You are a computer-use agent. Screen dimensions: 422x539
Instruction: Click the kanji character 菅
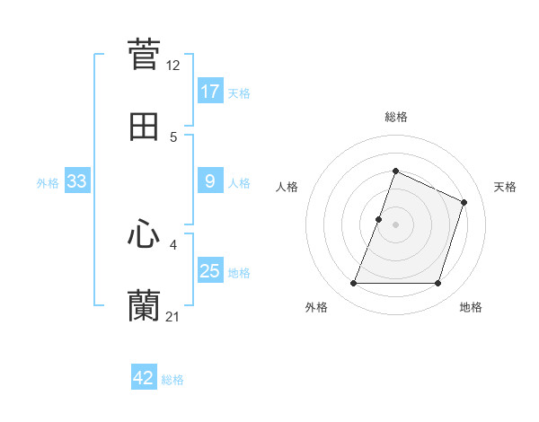tap(144, 54)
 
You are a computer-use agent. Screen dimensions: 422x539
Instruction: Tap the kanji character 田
tap(144, 127)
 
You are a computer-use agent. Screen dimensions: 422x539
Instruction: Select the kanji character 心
tap(144, 234)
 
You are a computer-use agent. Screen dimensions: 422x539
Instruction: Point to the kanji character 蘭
tap(144, 306)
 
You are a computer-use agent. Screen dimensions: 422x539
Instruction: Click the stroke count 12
tap(173, 66)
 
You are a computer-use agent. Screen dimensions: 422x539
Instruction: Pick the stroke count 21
tap(173, 317)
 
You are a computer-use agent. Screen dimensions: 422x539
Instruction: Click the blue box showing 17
tap(210, 92)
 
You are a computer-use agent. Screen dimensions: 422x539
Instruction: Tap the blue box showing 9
tap(210, 181)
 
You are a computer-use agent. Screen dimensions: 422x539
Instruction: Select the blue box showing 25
tap(210, 271)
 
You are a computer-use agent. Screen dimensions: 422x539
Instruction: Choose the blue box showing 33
tap(77, 181)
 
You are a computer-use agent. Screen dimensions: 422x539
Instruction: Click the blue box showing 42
tap(144, 378)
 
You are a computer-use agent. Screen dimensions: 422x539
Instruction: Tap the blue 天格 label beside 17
tap(239, 92)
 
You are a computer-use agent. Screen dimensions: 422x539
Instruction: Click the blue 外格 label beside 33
tap(48, 182)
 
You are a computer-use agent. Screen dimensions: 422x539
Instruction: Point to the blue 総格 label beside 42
tap(172, 379)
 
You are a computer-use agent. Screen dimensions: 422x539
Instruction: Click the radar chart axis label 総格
tap(396, 117)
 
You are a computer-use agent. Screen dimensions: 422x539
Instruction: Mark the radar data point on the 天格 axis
tap(464, 202)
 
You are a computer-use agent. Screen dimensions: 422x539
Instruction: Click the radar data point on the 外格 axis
tap(353, 284)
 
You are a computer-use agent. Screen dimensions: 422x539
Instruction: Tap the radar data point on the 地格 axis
tap(438, 284)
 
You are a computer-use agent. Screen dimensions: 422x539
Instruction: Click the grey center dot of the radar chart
tap(396, 224)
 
